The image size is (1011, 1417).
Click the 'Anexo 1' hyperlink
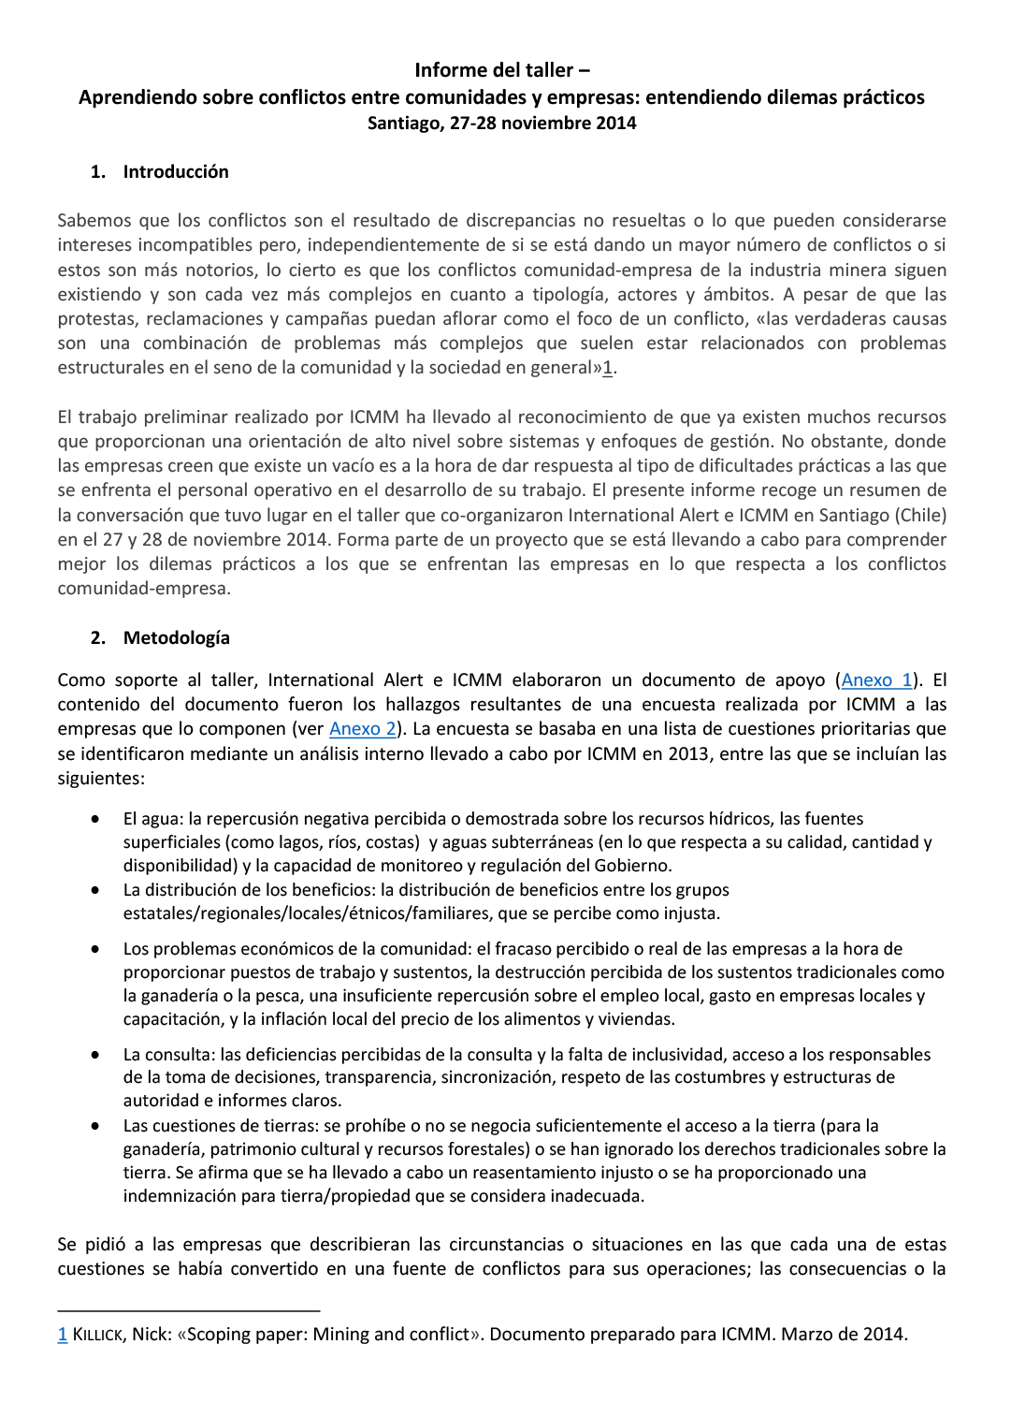tap(876, 680)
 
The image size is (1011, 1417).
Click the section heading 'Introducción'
tap(176, 172)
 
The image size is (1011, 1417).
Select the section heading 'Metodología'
tap(176, 638)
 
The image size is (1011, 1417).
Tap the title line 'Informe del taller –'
tap(502, 70)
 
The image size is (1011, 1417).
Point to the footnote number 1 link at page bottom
tap(63, 1335)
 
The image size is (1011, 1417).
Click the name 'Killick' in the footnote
tap(97, 1335)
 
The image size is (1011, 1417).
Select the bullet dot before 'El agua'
tap(95, 819)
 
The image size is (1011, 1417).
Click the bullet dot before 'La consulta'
tap(95, 1055)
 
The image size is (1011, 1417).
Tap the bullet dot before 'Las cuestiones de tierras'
tap(95, 1126)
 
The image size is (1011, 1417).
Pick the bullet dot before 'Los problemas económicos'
tap(95, 949)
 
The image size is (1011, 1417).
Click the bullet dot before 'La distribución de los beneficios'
tap(95, 890)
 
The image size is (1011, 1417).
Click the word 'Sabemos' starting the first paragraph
tap(94, 221)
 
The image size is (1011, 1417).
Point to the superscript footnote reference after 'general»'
tap(608, 368)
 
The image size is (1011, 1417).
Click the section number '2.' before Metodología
tap(98, 638)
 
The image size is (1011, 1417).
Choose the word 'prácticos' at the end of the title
tap(878, 97)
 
